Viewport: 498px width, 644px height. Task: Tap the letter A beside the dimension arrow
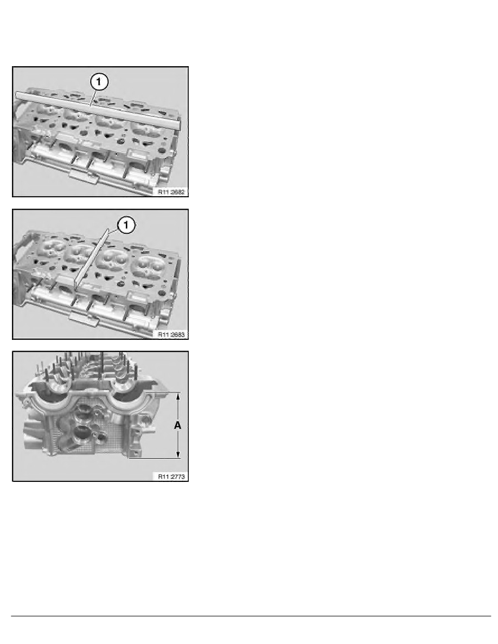(x=177, y=426)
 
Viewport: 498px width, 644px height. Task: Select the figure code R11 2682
(x=172, y=192)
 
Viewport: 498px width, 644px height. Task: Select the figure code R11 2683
(x=172, y=334)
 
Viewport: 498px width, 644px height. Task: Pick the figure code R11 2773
(x=172, y=477)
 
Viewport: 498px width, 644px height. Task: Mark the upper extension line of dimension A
(x=163, y=391)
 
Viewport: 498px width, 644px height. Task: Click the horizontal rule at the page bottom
(x=249, y=616)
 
